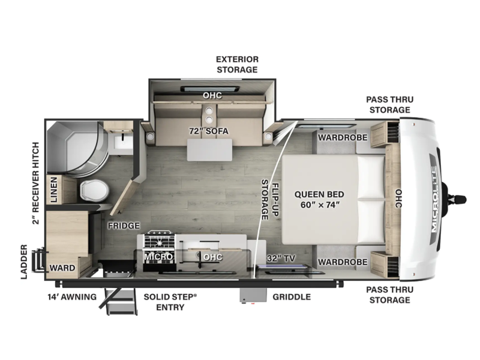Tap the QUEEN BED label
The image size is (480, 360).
tap(319, 194)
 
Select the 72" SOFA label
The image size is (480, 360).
tap(208, 131)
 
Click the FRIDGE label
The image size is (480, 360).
tap(124, 226)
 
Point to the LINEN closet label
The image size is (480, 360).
tap(53, 190)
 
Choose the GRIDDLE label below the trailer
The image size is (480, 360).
tap(292, 296)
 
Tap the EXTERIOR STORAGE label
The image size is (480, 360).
tap(237, 64)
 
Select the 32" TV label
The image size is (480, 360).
tap(280, 258)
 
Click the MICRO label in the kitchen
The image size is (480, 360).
tap(158, 257)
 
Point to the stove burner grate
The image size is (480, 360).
tap(160, 242)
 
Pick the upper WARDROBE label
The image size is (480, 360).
tap(342, 137)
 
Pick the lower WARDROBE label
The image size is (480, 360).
tap(342, 262)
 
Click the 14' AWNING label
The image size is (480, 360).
tap(72, 296)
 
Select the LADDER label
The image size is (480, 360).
tap(24, 262)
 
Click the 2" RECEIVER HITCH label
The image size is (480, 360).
tap(36, 183)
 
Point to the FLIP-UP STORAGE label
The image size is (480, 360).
tap(269, 200)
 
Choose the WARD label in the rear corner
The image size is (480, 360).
tap(62, 268)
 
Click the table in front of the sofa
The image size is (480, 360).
tap(209, 150)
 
